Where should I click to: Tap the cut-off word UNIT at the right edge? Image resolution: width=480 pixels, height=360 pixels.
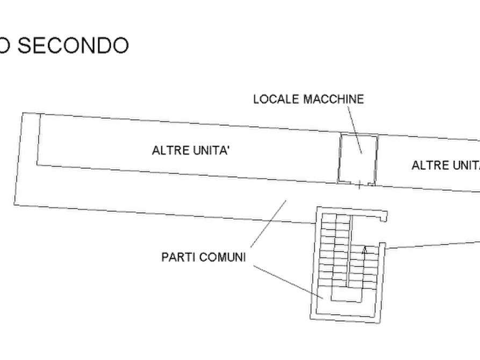click(x=465, y=165)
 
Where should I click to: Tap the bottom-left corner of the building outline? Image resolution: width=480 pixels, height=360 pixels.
click(x=12, y=204)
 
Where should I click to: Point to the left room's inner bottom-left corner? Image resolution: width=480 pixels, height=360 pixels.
click(x=37, y=167)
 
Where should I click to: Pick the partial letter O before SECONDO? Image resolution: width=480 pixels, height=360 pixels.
click(x=5, y=45)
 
